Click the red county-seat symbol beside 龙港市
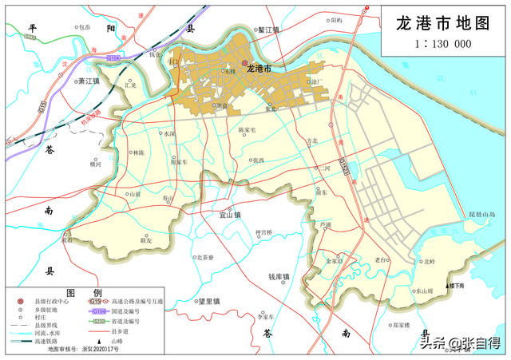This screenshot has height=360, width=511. (x=245, y=63)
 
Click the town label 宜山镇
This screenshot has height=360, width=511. (x=230, y=214)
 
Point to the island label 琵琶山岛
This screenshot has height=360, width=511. (x=487, y=215)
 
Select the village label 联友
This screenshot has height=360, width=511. (x=145, y=239)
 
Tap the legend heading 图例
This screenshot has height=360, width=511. (x=82, y=292)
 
